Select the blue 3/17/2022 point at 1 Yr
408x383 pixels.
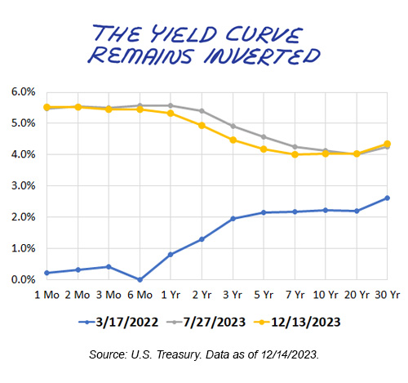tap(170, 254)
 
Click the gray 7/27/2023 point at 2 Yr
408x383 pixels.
tap(201, 111)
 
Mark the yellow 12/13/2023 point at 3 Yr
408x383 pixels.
tap(233, 140)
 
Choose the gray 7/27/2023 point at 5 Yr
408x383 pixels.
tap(263, 136)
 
